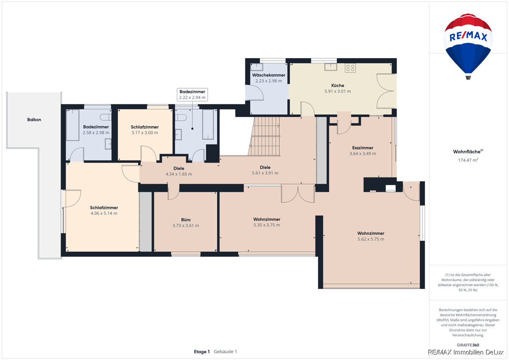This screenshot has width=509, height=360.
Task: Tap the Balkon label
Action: coord(34,120)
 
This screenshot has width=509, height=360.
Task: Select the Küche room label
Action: coord(338,85)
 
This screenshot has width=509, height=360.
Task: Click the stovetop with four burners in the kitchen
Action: coord(350,68)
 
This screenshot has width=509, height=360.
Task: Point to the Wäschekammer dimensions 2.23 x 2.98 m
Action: coord(268,81)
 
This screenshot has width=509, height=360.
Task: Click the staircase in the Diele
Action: coord(265,136)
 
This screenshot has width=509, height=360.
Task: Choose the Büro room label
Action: coord(186,219)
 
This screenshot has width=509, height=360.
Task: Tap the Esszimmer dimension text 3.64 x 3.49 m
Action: coord(363,154)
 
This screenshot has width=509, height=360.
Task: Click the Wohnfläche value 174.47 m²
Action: coord(468,160)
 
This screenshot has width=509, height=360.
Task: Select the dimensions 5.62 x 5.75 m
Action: coord(371,239)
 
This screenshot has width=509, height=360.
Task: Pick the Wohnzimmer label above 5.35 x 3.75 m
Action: coord(267,219)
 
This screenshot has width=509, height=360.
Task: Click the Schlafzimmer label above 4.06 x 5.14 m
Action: coord(104,208)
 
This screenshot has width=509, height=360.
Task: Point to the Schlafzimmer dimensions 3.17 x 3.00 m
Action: coord(145,132)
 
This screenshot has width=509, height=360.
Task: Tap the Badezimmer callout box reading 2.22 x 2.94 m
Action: coord(192,95)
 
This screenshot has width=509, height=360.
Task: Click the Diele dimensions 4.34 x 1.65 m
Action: coord(179,174)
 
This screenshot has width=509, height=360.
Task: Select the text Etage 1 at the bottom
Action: coord(202,352)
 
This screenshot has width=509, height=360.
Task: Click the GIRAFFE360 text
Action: coord(468,345)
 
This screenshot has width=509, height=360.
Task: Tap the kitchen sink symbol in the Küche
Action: coord(330,67)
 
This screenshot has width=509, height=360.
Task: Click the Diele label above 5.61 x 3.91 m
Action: coord(265,167)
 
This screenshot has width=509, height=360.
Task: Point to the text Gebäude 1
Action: coord(225,352)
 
